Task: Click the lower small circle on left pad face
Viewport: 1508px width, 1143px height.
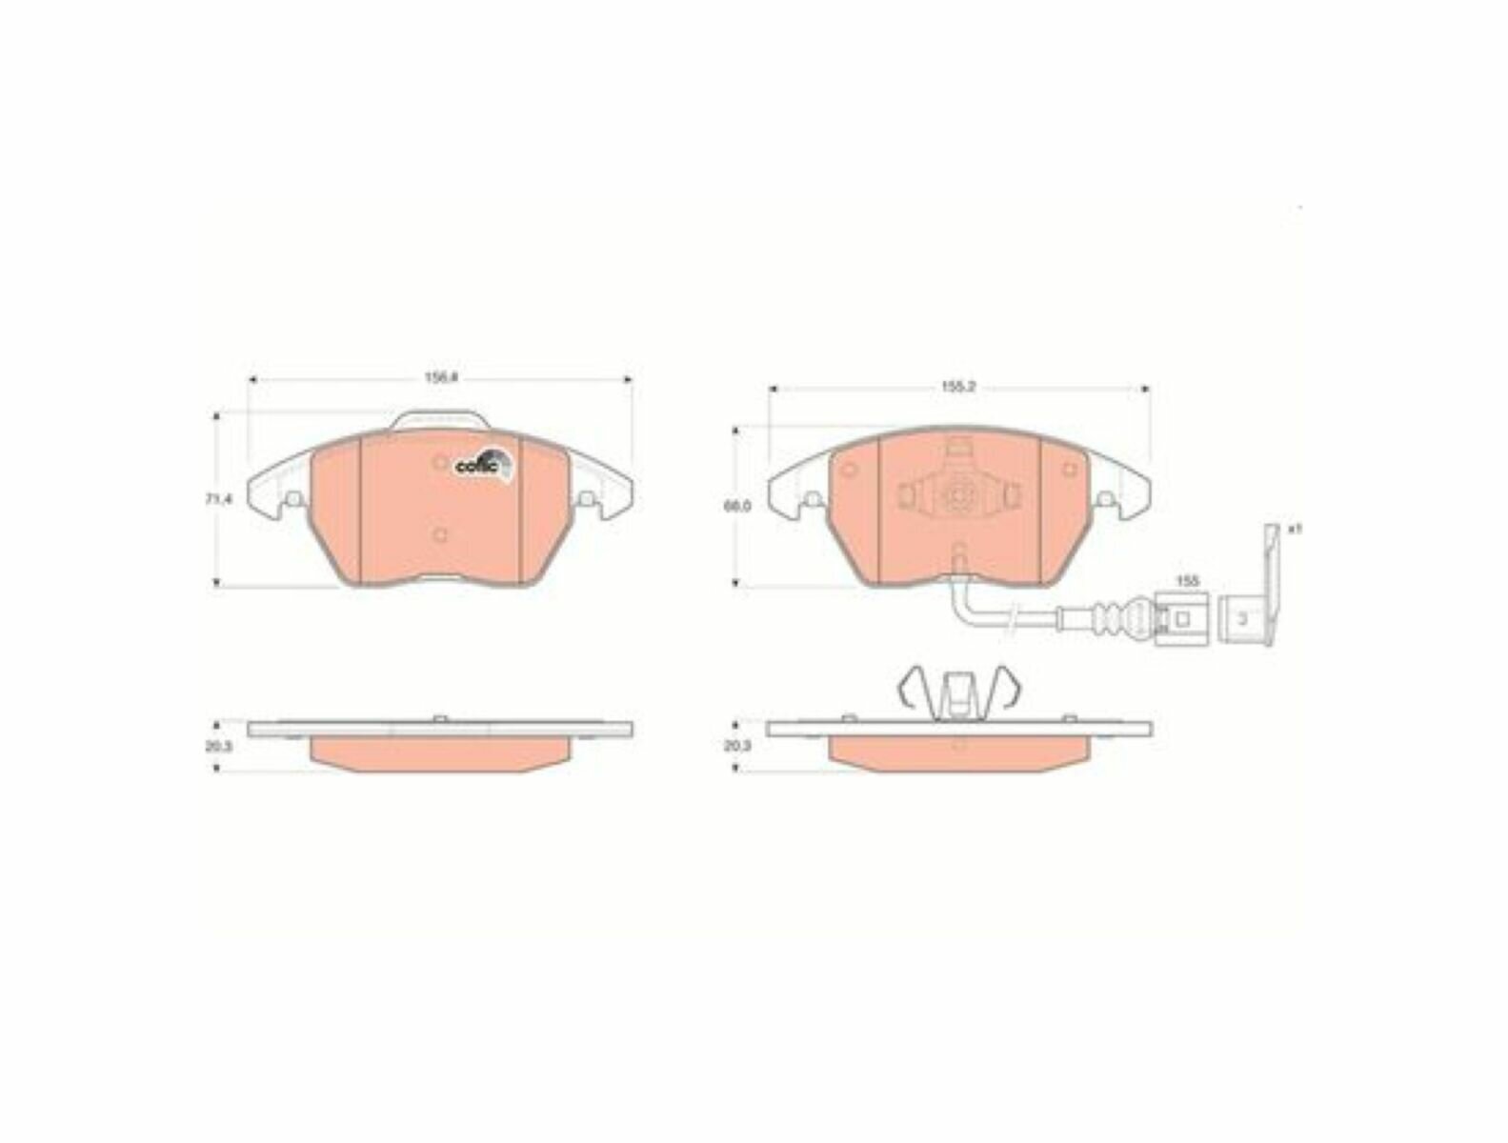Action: [x=439, y=534]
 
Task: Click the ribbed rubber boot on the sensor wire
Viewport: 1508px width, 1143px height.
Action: [x=1110, y=618]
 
